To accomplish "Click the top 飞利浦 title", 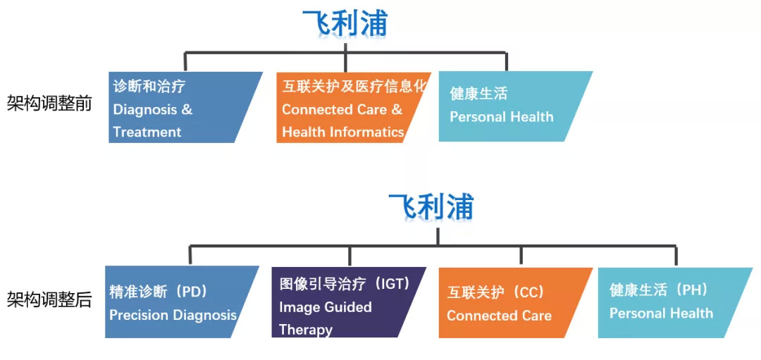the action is [x=345, y=23].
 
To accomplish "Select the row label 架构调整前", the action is [x=49, y=103].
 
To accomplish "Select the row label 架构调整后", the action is [x=49, y=299].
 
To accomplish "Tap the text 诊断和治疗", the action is [x=149, y=87].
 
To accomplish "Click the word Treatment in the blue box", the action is [x=147, y=132].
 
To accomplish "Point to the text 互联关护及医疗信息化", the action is [x=354, y=87].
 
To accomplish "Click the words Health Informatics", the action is [x=343, y=132].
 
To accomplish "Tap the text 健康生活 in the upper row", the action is [x=478, y=94].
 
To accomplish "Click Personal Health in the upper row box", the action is [x=502, y=117].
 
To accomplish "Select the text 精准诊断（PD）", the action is [x=159, y=292].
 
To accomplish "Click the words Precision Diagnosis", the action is [x=173, y=316].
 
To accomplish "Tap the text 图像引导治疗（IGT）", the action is [x=345, y=284].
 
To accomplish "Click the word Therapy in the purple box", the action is [x=306, y=330].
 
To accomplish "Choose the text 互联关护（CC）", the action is [x=495, y=292].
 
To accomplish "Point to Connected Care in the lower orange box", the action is [x=500, y=316].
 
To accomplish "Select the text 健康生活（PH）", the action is [x=659, y=290].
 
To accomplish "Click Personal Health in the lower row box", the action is [x=662, y=314].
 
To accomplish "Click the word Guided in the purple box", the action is [x=349, y=307].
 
